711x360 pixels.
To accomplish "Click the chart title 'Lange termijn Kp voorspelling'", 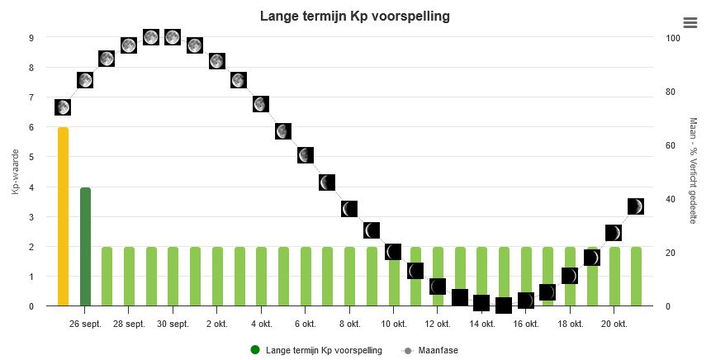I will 355,17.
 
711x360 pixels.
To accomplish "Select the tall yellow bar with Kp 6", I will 63,216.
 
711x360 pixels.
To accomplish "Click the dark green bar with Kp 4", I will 85,246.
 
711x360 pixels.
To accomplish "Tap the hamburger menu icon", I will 690,22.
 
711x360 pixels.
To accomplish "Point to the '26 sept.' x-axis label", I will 85,324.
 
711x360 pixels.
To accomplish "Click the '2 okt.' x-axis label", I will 217,324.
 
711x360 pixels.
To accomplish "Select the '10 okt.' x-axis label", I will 394,324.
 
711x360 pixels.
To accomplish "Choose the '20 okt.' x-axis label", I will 614,324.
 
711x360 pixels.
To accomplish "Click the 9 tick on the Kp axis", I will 31,38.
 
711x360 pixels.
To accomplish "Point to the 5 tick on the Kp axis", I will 31,158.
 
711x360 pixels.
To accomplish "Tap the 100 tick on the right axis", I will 673,38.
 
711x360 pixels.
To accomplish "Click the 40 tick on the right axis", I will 671,199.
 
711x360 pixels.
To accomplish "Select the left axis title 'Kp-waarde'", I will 16,173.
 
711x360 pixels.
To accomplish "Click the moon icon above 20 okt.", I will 614,233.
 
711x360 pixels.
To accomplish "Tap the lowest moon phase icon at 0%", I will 504,306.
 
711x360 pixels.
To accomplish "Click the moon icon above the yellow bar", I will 63,107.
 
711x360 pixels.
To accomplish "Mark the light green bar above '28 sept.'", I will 129,276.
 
